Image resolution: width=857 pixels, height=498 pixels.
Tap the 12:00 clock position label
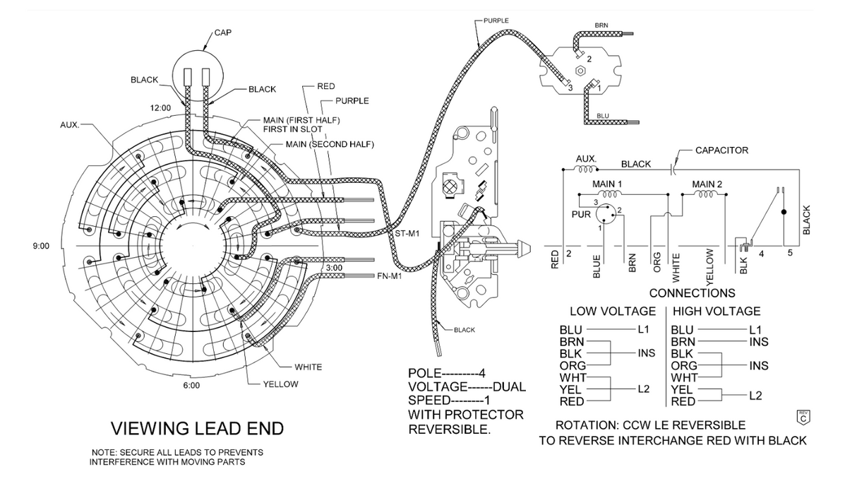click(x=160, y=108)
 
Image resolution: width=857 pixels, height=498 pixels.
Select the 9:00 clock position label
click(x=42, y=246)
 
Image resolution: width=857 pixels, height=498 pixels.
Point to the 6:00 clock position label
click(x=191, y=386)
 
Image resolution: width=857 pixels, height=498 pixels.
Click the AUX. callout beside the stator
click(x=69, y=124)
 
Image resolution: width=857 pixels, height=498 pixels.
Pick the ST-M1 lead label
click(x=408, y=232)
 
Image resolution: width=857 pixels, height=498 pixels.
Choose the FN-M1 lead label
click(x=390, y=276)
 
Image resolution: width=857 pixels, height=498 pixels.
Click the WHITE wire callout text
click(x=308, y=367)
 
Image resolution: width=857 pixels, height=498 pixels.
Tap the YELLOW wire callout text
click(x=280, y=384)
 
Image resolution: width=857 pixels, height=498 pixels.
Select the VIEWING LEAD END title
click(x=198, y=428)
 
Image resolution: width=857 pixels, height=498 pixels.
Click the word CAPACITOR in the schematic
click(x=721, y=150)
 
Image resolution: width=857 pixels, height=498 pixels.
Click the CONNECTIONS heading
click(x=692, y=293)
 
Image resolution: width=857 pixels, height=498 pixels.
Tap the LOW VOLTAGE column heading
click(x=613, y=312)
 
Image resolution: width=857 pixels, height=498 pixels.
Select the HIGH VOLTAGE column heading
click(x=717, y=312)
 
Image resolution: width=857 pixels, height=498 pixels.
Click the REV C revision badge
click(x=802, y=417)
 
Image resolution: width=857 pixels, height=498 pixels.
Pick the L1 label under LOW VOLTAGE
click(x=643, y=330)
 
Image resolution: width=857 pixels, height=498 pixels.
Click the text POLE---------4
click(x=447, y=374)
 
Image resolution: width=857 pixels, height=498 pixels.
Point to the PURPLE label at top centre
click(x=496, y=20)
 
